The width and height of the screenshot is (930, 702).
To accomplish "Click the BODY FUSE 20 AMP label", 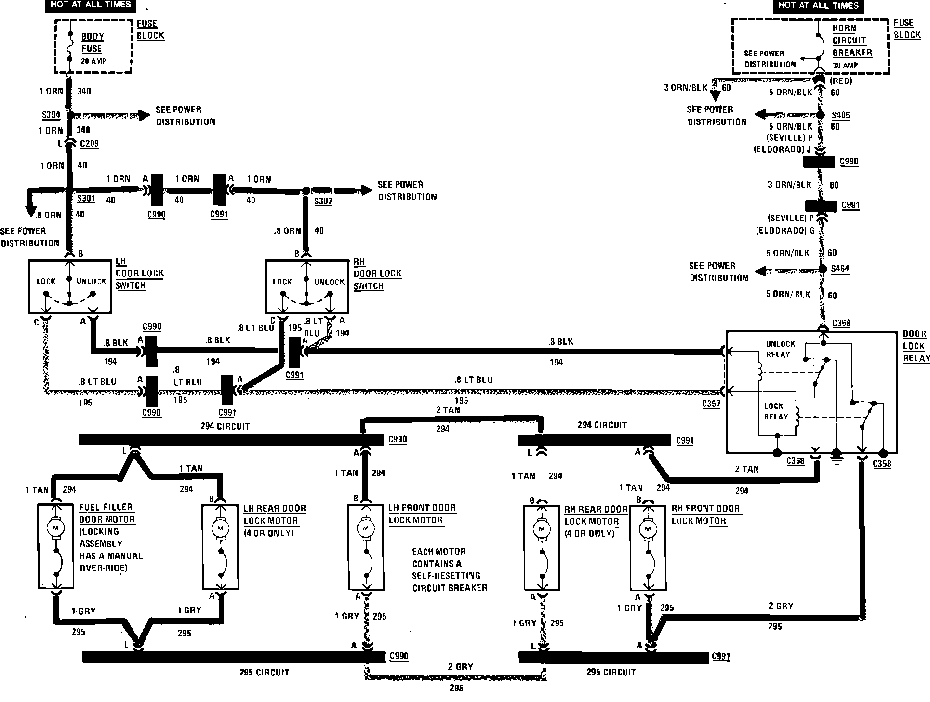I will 93,48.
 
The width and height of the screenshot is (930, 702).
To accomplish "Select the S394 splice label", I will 51,115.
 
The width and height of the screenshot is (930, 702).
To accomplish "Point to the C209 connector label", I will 89,143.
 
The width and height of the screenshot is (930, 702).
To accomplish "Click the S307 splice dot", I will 306,191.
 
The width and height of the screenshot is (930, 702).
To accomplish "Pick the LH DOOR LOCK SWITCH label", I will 139,273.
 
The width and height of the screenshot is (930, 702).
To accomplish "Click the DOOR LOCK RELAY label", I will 916,346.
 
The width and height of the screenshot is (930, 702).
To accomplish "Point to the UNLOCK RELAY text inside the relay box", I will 780,350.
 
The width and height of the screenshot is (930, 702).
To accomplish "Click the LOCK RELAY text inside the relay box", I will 775,411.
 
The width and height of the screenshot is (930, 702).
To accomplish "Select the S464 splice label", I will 840,269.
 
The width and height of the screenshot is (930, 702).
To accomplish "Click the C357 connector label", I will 711,404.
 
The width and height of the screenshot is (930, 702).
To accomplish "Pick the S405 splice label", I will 841,115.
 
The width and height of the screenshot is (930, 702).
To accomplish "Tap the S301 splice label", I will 86,199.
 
